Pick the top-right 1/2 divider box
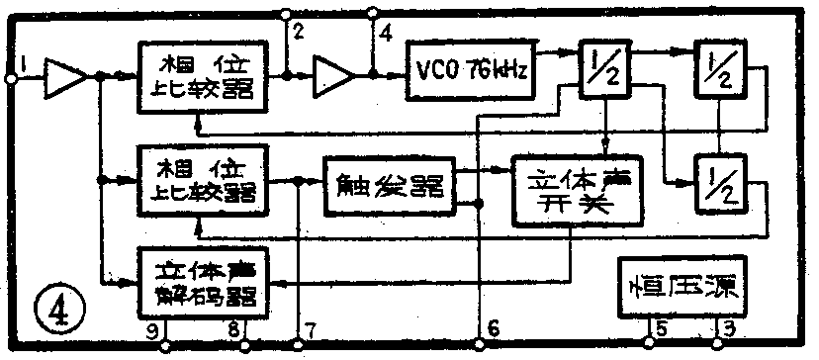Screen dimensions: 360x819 pyautogui.click(x=720, y=67)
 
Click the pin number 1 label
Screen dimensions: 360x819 pyautogui.click(x=22, y=66)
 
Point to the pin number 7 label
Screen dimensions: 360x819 pyautogui.click(x=312, y=330)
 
